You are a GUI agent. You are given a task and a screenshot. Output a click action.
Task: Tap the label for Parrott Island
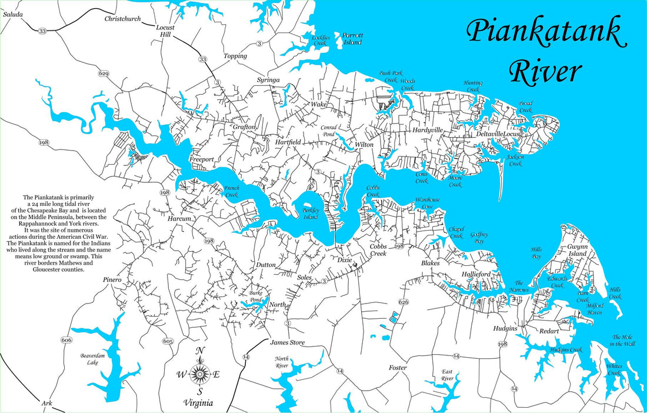click(353, 39)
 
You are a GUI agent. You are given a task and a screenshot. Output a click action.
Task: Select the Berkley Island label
click(311, 213)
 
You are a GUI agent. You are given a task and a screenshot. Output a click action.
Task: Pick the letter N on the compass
click(200, 352)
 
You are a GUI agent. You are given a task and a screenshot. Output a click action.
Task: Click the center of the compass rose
click(200, 374)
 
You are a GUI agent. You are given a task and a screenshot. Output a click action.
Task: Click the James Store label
click(287, 342)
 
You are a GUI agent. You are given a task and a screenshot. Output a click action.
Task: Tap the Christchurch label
click(122, 19)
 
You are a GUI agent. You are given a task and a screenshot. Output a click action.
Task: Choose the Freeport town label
click(202, 159)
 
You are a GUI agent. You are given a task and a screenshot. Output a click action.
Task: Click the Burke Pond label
click(256, 295)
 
